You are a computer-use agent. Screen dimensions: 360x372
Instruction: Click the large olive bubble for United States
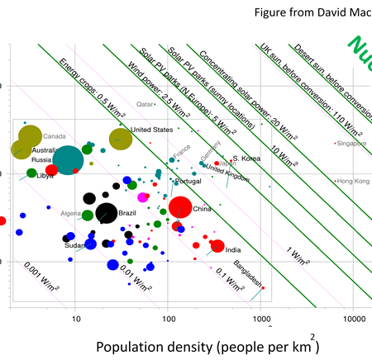[x=121, y=140]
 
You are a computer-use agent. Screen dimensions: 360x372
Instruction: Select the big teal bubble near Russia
[x=69, y=159]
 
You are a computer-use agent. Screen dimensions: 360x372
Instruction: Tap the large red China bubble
[x=179, y=209]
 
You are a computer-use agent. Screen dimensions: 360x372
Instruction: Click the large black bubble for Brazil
[x=106, y=212]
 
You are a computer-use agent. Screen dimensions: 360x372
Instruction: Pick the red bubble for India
[x=217, y=245]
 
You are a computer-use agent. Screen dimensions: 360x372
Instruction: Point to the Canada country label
[x=55, y=136]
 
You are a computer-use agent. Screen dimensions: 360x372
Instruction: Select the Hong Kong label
[x=352, y=181]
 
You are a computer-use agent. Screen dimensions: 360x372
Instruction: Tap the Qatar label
[x=145, y=105]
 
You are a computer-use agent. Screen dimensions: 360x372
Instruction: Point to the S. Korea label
[x=246, y=158]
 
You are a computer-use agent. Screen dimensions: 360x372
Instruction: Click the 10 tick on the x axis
[x=75, y=318]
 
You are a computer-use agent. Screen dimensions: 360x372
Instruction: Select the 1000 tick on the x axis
[x=261, y=318]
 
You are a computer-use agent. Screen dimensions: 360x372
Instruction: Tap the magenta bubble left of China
[x=142, y=197]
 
